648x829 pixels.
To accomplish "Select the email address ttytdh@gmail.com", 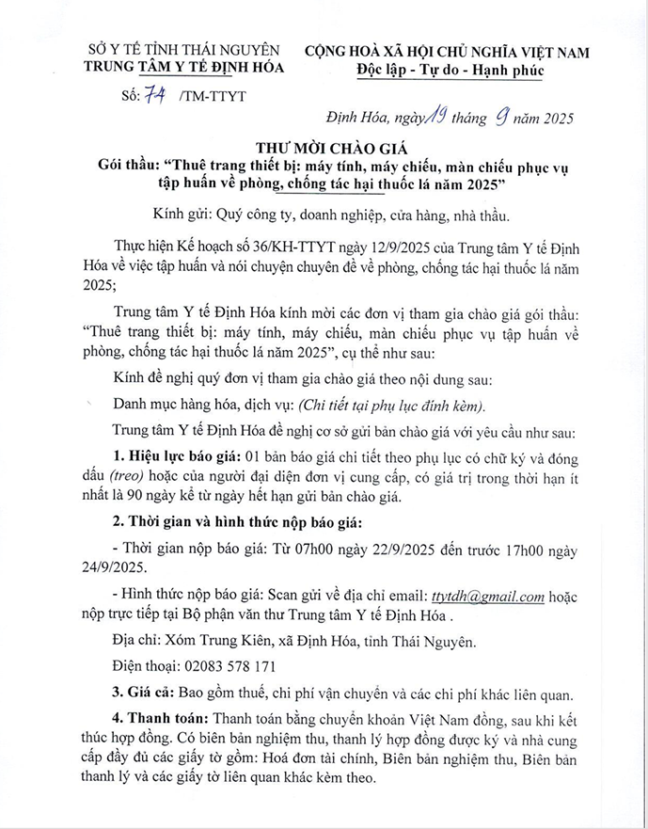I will [488, 596].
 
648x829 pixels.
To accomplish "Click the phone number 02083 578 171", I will [224, 667].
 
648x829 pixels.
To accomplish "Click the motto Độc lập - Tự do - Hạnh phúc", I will [460, 69].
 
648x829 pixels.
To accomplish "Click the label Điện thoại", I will [146, 667].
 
